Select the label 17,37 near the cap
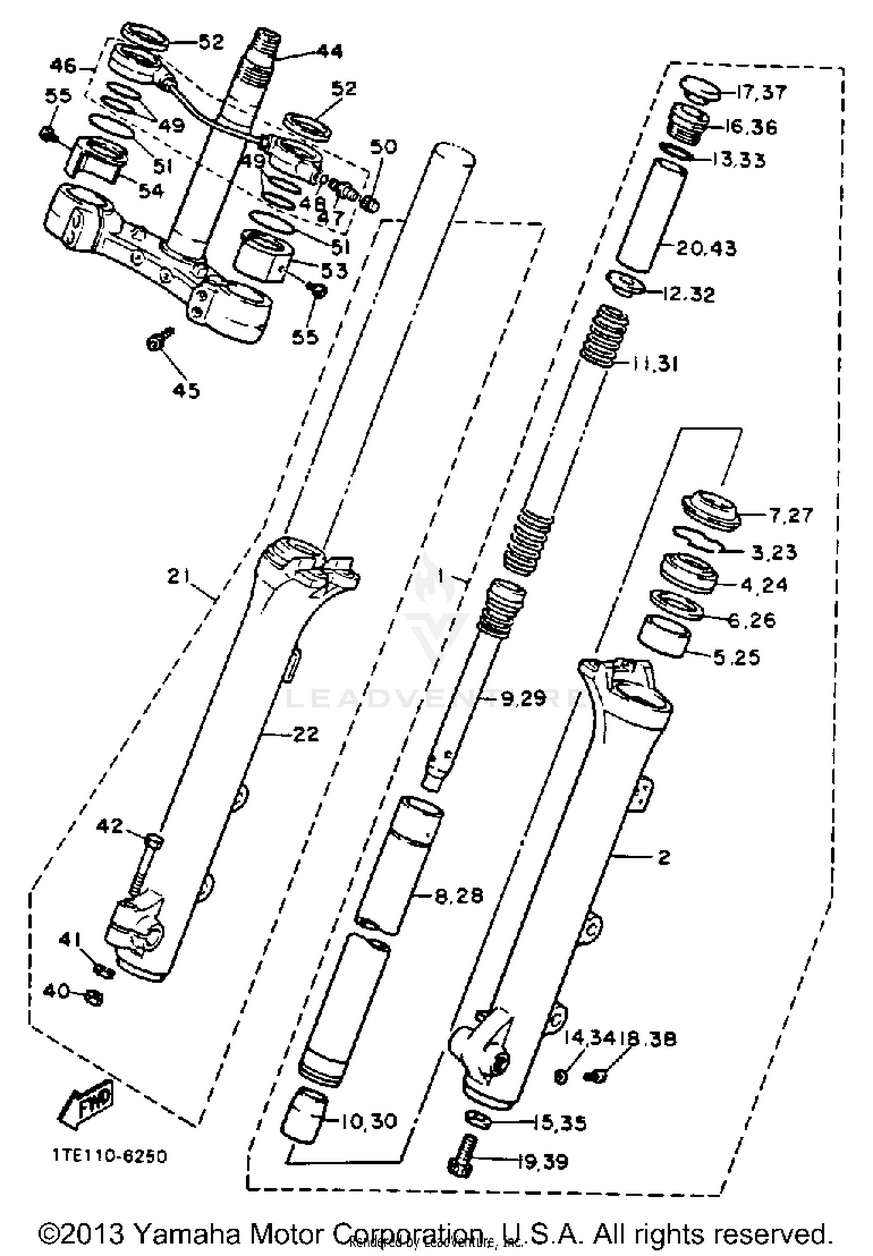click(x=761, y=93)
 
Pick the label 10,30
click(x=368, y=1120)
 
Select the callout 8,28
click(x=459, y=896)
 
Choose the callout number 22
click(x=305, y=735)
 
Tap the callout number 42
click(x=109, y=825)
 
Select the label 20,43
click(x=706, y=249)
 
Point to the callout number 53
click(x=334, y=271)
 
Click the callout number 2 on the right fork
click(x=664, y=857)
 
